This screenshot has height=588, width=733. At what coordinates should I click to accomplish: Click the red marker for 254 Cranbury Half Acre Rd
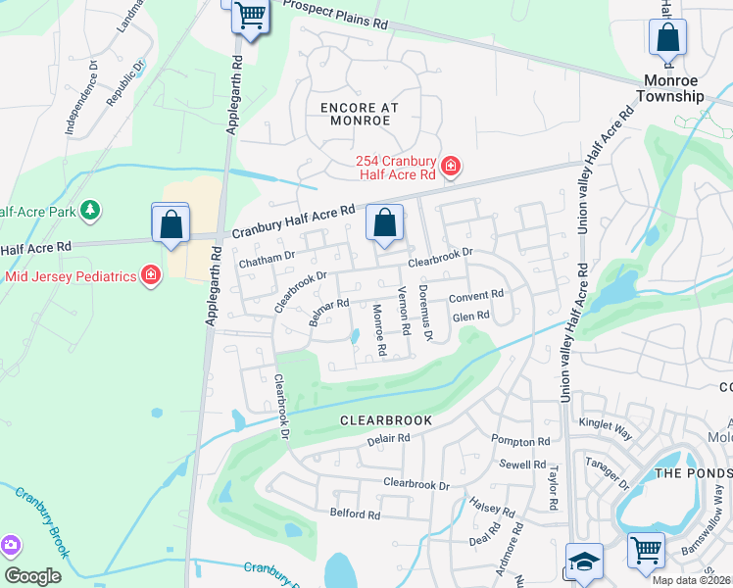[450, 167]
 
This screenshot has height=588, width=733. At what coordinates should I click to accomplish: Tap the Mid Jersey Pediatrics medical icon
[151, 274]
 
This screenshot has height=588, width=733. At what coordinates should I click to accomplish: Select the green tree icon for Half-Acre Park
[90, 210]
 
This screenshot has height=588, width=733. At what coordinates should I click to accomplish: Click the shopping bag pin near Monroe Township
[667, 38]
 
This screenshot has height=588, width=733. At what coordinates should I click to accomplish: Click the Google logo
[33, 576]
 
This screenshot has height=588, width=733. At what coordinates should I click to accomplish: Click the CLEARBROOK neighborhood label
[385, 420]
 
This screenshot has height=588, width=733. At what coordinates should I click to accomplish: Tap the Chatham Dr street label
[267, 257]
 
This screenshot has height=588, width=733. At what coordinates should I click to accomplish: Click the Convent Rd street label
[476, 295]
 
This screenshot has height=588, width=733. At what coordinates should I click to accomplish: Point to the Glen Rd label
[470, 317]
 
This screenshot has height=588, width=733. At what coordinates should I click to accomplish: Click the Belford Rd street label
[355, 514]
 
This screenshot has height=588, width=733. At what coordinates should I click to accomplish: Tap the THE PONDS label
[692, 472]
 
